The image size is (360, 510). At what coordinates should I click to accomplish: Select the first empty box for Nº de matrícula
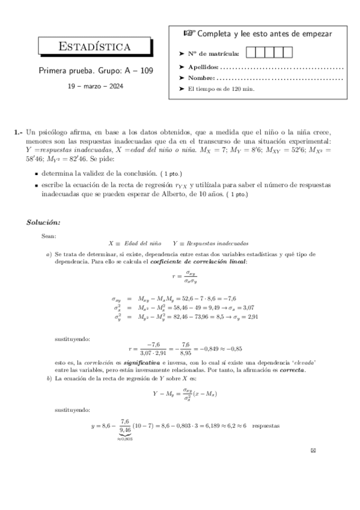coord(252,53)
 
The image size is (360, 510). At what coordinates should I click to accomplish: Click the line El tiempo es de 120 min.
coord(221,89)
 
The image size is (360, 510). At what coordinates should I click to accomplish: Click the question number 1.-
coord(18,132)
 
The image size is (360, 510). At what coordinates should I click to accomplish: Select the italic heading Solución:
coord(43,223)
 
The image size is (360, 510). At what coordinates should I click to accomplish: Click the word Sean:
coord(49,235)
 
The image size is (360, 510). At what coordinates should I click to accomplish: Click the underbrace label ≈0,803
coord(125,438)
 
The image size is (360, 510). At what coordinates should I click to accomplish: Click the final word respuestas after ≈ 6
coord(266,425)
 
